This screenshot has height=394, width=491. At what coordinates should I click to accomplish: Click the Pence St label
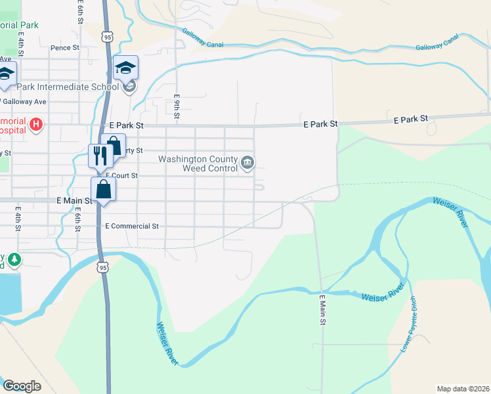[65, 48]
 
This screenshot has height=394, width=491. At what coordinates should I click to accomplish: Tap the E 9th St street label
[177, 106]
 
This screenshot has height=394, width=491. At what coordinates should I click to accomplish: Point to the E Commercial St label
[132, 226]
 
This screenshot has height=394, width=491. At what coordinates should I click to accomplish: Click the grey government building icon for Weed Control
[247, 163]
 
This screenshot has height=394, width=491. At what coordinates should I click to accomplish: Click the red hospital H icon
[37, 123]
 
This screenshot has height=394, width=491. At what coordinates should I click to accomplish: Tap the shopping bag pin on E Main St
[104, 189]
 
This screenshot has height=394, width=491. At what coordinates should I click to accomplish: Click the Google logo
[21, 386]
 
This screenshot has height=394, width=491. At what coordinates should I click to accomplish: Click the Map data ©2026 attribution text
[463, 389]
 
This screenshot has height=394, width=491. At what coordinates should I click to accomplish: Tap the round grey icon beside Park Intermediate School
[130, 86]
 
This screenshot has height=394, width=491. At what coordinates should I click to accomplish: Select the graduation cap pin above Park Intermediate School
[125, 68]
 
